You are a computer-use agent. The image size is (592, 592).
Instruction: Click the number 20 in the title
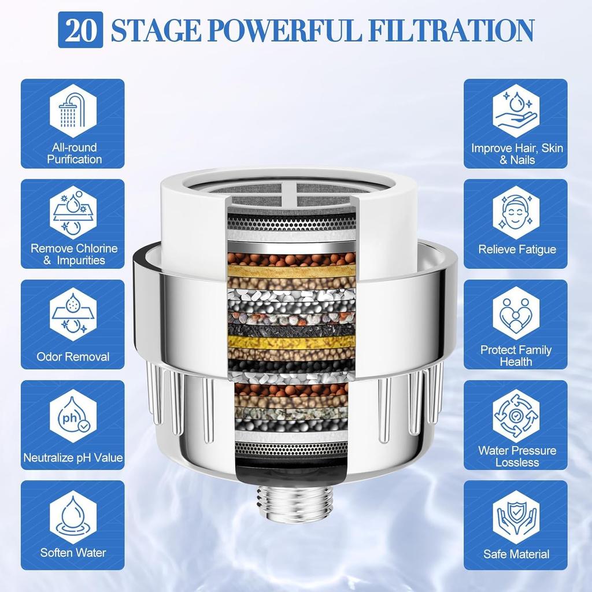point(80,30)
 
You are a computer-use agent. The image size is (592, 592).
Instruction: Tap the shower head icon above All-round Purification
point(73,110)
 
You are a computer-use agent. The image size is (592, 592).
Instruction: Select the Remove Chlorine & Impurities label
point(73,254)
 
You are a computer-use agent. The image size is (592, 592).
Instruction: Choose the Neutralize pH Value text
point(73,458)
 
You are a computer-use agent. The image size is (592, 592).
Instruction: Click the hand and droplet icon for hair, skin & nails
point(516,110)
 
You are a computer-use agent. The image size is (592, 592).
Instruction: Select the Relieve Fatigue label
point(517,249)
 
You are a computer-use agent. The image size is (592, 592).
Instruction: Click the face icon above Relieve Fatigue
point(516,212)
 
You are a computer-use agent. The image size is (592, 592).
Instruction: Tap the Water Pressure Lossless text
point(517,456)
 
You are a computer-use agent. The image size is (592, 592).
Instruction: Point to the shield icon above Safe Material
point(516,517)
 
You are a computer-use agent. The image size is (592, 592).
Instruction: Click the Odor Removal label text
point(73,357)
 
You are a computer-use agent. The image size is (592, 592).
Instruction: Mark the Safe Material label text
point(516,554)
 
